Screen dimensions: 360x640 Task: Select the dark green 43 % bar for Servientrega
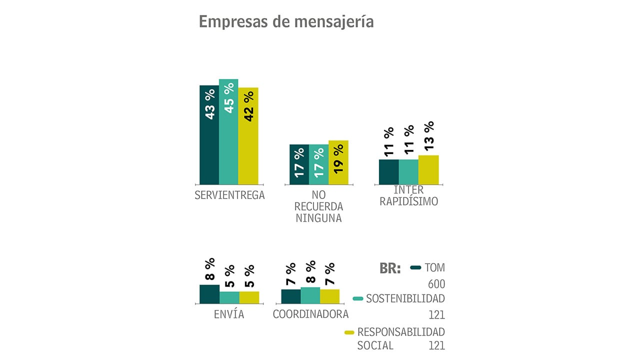(x=209, y=135)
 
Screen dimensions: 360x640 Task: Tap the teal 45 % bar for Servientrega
(x=228, y=132)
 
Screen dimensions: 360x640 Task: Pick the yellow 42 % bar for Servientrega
(x=248, y=136)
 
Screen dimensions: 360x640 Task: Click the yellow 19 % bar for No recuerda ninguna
(x=338, y=162)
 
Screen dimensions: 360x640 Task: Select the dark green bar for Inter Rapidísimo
(x=388, y=172)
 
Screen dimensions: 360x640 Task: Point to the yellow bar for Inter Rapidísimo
(x=428, y=170)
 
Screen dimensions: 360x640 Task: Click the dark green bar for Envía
(x=209, y=294)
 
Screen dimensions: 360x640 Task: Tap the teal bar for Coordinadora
(x=310, y=295)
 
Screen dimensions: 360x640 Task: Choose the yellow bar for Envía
(x=249, y=297)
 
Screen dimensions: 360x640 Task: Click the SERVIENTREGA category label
(x=229, y=195)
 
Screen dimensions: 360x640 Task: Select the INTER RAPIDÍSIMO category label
(x=408, y=196)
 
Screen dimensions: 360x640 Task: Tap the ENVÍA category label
(x=228, y=314)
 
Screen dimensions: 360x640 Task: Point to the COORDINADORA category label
(x=310, y=314)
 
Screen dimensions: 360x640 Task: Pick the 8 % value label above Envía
(x=209, y=269)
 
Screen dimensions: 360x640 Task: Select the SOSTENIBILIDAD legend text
(x=405, y=299)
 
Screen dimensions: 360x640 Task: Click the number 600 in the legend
(x=436, y=284)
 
